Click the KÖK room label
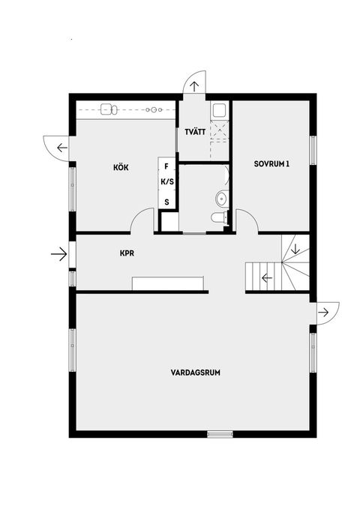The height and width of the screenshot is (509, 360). pyautogui.click(x=121, y=167)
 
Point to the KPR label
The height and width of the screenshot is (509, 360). pyautogui.click(x=127, y=253)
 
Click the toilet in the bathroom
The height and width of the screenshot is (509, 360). pyautogui.click(x=217, y=218)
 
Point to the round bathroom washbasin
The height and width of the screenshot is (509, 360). pyautogui.click(x=221, y=199)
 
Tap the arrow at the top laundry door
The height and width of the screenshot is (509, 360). pyautogui.click(x=194, y=85)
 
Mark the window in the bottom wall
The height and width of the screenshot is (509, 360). pyautogui.click(x=220, y=434)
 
